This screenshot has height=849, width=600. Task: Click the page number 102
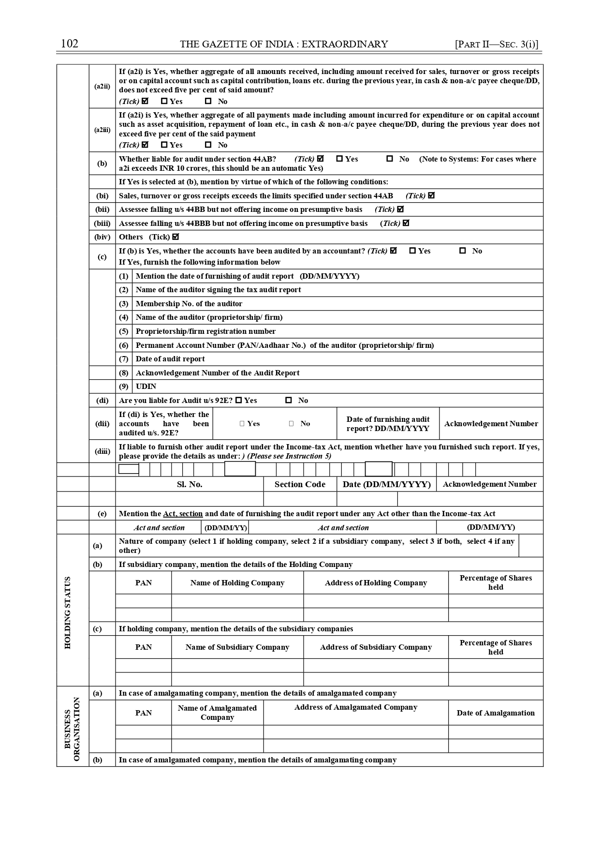70,44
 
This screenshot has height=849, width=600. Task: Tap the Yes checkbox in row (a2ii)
164,101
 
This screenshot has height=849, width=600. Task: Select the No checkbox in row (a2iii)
208,145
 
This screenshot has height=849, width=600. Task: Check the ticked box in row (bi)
431,195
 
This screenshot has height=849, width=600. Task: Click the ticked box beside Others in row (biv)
176,237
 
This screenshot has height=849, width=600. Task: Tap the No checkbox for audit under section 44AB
390,159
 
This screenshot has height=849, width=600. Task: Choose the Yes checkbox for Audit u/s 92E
239,400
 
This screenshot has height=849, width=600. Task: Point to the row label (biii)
102,223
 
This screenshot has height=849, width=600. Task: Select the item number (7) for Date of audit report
124,359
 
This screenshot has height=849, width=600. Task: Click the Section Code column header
300,484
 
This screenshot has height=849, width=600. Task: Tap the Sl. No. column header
190,484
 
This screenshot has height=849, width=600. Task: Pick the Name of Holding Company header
237,583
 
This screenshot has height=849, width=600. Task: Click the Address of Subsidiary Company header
376,647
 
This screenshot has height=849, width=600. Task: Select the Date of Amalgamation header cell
496,713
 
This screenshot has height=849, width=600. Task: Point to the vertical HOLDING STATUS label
68,612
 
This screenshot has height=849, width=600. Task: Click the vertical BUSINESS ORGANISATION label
72,729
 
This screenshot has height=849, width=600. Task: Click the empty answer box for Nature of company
531,546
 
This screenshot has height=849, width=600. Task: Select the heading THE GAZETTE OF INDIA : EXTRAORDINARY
284,45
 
